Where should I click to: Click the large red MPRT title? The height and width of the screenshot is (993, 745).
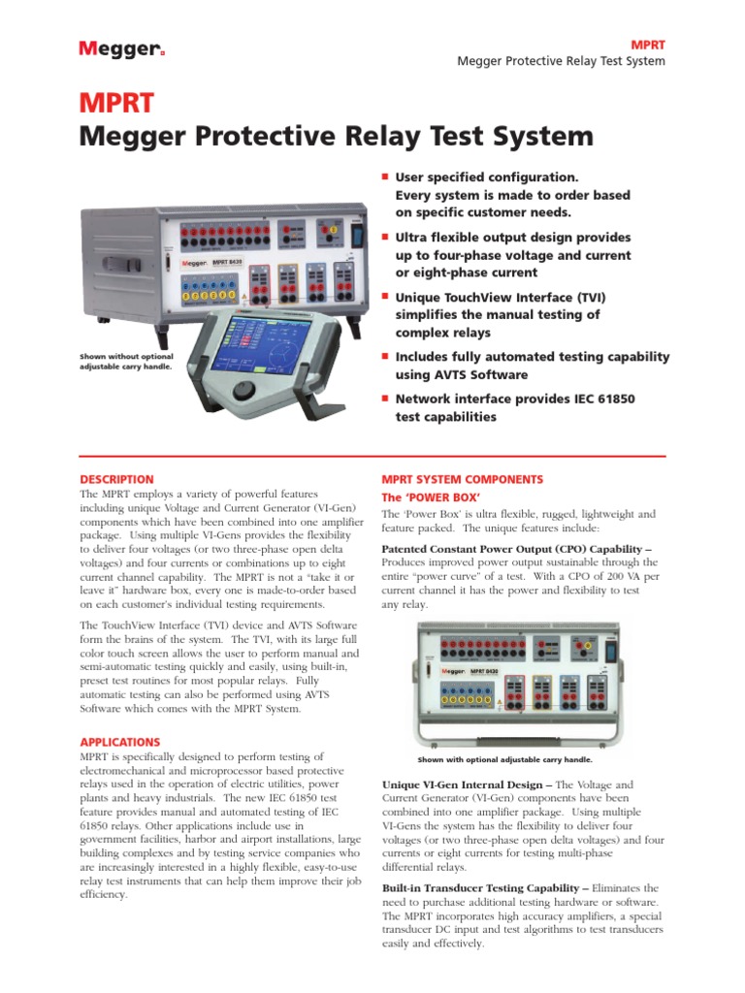(116, 104)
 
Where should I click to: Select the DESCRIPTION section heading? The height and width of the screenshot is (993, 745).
(116, 479)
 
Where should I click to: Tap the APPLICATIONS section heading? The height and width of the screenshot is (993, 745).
(120, 742)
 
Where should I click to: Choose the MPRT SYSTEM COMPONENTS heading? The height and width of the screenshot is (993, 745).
(462, 479)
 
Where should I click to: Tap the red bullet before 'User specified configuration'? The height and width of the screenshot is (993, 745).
(385, 176)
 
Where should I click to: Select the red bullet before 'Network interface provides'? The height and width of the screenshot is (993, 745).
(385, 397)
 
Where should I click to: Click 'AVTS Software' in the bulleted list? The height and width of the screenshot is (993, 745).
(461, 374)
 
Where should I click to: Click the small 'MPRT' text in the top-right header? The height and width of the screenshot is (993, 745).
(648, 46)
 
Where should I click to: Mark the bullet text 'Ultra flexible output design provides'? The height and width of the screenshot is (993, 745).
(513, 238)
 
